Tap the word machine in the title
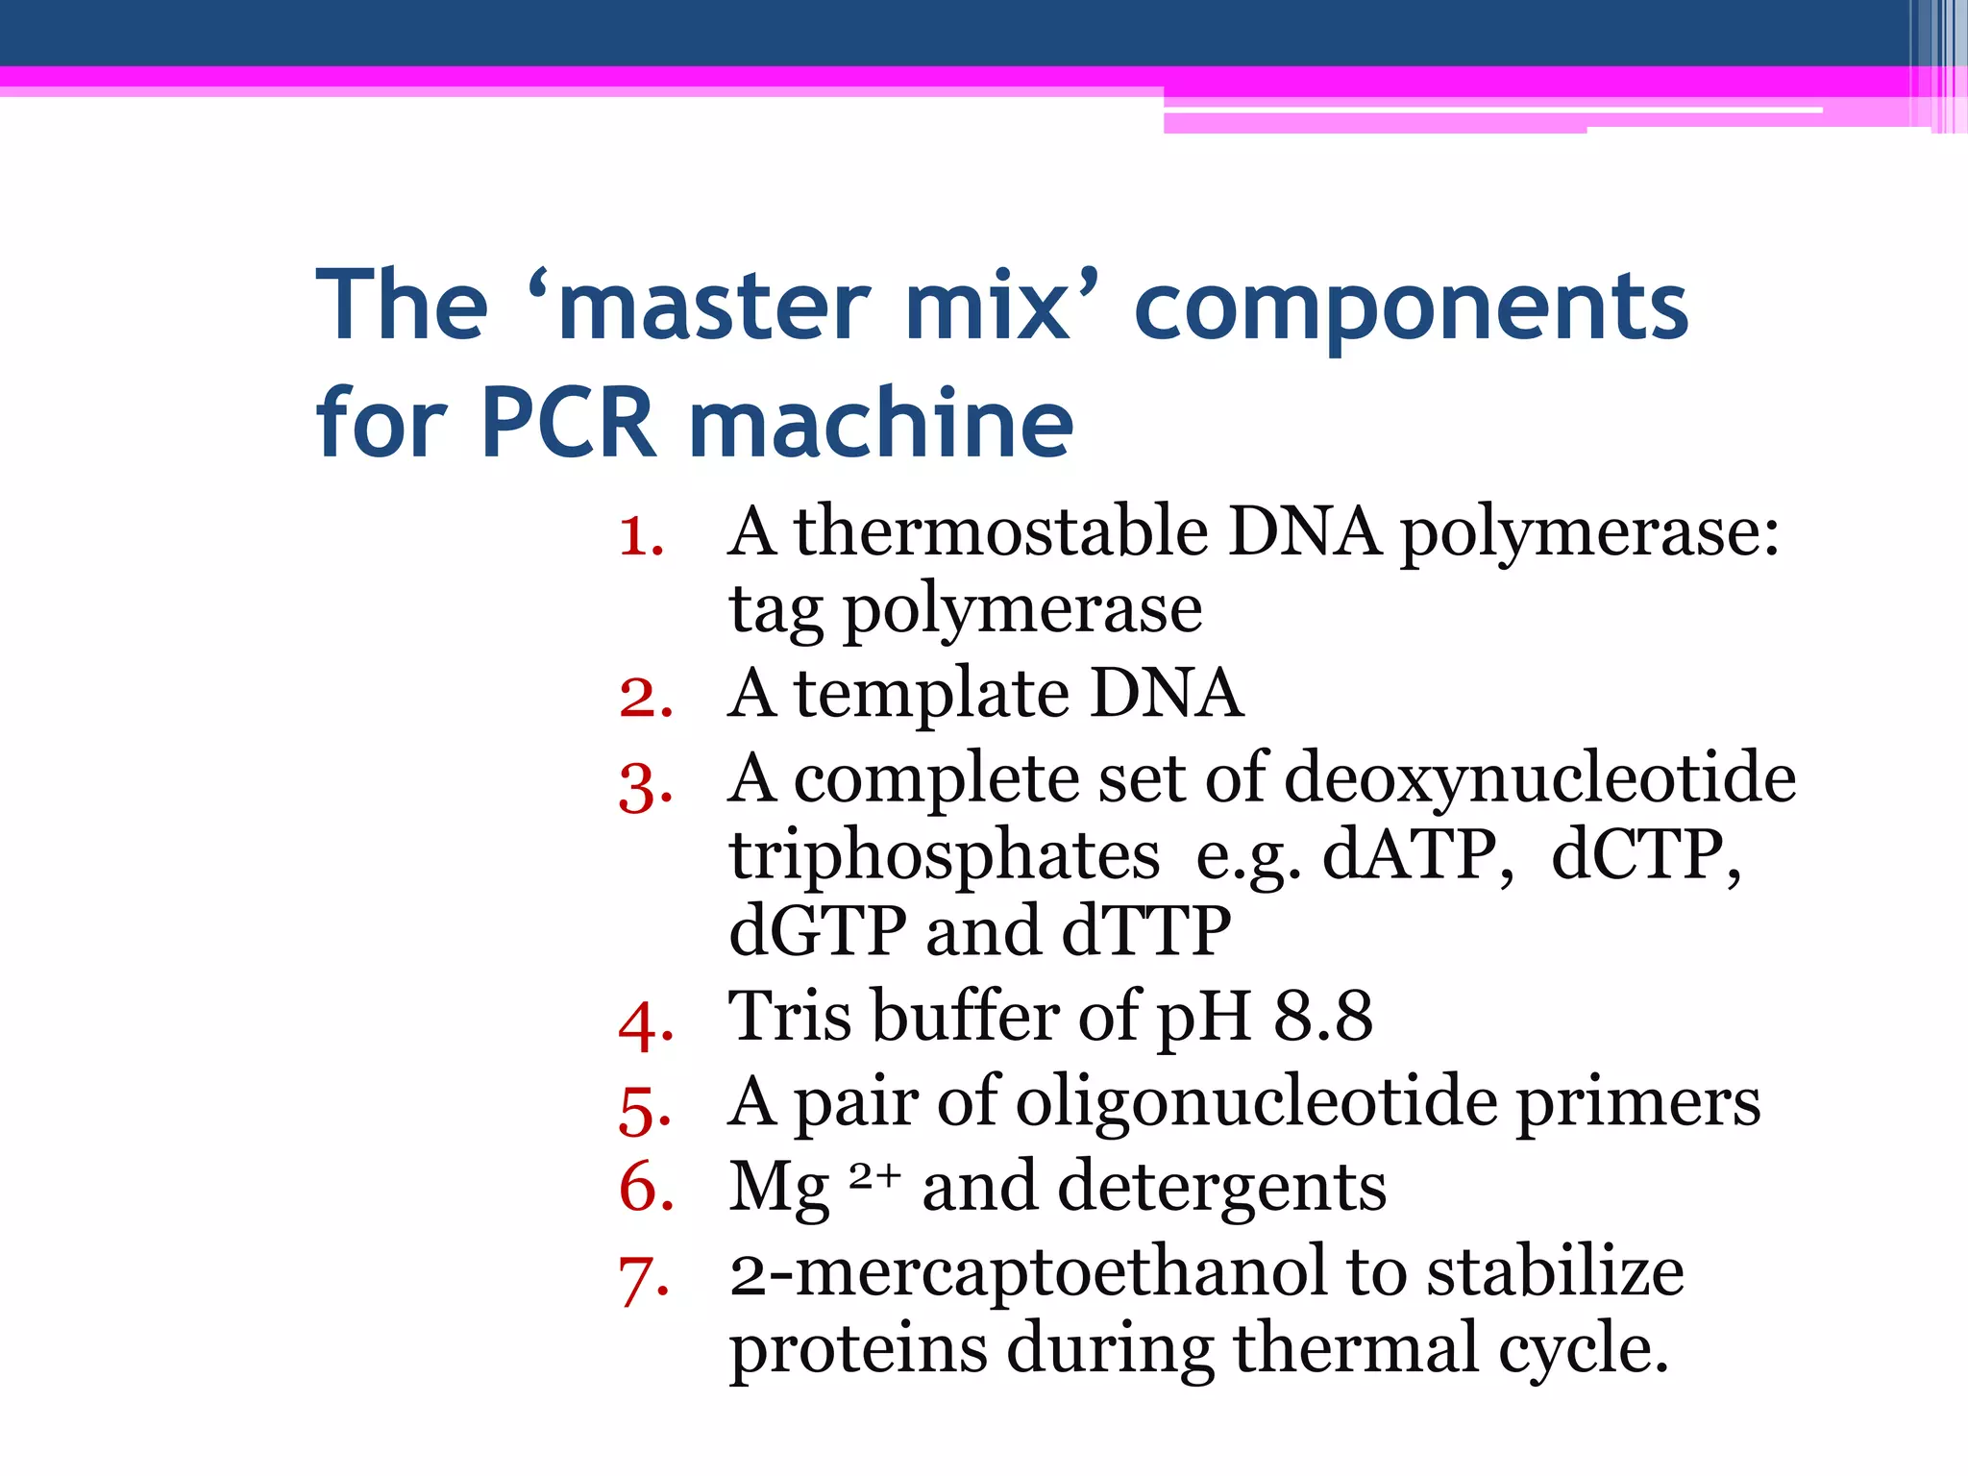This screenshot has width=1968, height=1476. click(x=881, y=423)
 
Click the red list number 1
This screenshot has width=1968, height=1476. click(x=641, y=536)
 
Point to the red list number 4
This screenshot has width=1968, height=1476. click(x=645, y=1024)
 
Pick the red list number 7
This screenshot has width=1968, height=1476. click(x=643, y=1280)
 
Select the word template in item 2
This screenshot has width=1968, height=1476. click(x=931, y=694)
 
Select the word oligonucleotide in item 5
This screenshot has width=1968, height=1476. click(x=1256, y=1101)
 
